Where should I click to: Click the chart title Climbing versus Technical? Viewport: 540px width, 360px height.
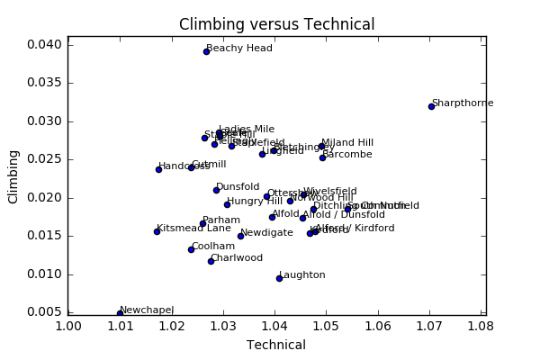pyautogui.click(x=276, y=24)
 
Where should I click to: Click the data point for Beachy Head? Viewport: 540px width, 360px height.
pyautogui.click(x=206, y=51)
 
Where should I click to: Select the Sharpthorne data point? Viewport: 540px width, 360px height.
pyautogui.click(x=431, y=106)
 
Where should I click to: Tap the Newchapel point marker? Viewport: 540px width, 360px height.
pyautogui.click(x=120, y=313)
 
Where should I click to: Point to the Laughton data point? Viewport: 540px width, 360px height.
pyautogui.click(x=279, y=278)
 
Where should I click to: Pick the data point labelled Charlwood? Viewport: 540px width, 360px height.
pyautogui.click(x=211, y=261)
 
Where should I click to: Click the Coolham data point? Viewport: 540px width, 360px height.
pyautogui.click(x=191, y=249)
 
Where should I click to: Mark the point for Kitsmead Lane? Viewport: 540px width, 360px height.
pyautogui.click(x=157, y=231)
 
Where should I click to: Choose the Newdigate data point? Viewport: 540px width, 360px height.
pyautogui.click(x=240, y=236)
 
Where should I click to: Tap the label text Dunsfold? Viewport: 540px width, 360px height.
pyautogui.click(x=238, y=187)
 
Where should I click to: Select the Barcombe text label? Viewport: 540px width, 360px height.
pyautogui.click(x=346, y=155)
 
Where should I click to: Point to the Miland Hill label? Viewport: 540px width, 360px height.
pyautogui.click(x=347, y=143)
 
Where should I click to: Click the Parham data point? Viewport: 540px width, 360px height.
pyautogui.click(x=202, y=223)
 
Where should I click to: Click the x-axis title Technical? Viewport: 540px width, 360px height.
pyautogui.click(x=276, y=345)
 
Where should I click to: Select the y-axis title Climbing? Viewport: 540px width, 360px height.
pyautogui.click(x=13, y=177)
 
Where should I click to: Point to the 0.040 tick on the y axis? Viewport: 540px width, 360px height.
pyautogui.click(x=45, y=45)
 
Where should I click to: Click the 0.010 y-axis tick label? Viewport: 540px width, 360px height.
pyautogui.click(x=45, y=274)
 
